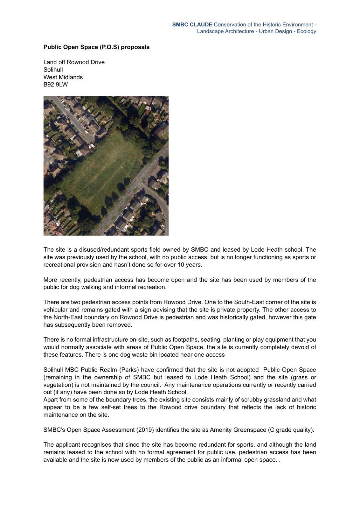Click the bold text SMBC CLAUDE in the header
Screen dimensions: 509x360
click(x=192, y=24)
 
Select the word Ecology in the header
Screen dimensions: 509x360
click(x=306, y=31)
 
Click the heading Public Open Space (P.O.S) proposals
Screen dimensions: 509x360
click(x=96, y=47)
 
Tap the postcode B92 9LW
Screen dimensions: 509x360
click(x=56, y=85)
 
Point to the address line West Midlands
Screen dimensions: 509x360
click(x=63, y=77)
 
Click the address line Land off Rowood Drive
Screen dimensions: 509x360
click(x=74, y=62)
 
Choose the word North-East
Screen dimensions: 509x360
click(x=67, y=317)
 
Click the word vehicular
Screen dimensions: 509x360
click(x=55, y=310)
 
